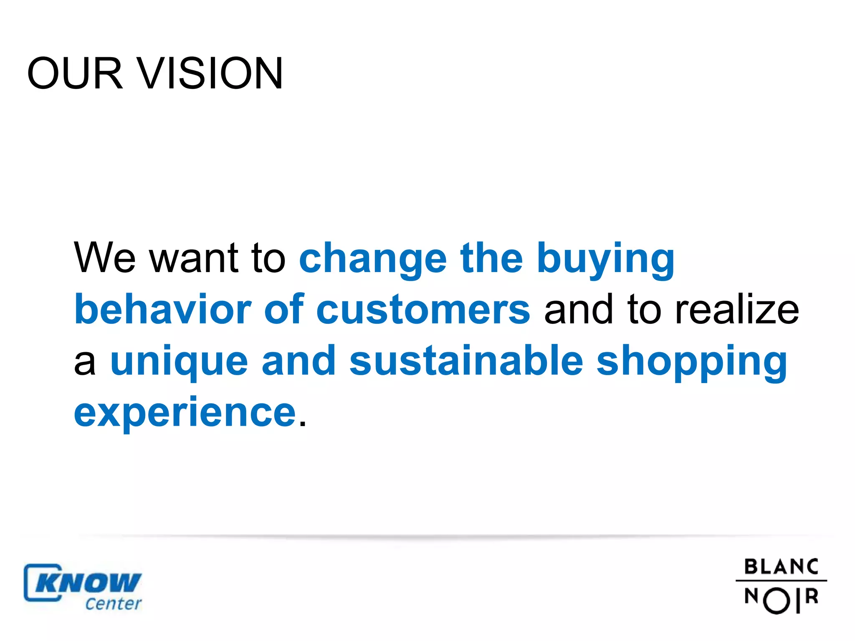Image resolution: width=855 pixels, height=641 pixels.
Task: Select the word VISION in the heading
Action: [210, 73]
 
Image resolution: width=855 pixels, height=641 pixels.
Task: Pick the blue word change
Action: [373, 259]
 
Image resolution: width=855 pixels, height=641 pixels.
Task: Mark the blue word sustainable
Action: [466, 361]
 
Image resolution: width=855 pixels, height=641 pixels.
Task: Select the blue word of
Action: [284, 309]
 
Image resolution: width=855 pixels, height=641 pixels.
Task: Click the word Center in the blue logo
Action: [114, 603]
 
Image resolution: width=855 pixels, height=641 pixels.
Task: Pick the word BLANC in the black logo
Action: [781, 567]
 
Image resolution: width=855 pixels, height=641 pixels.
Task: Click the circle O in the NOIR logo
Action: [777, 601]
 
